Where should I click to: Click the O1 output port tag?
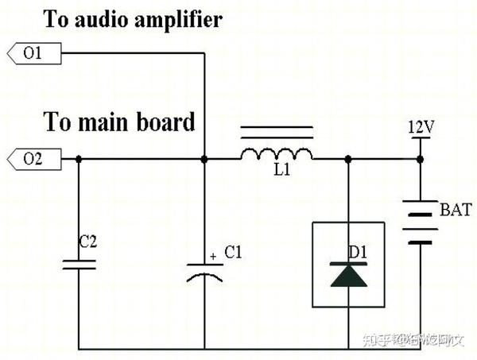33,54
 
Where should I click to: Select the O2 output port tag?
33,159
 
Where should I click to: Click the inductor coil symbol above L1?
276,153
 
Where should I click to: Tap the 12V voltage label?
420,127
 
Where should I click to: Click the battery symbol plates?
419,222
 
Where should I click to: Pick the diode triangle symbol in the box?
348,275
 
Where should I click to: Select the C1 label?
233,254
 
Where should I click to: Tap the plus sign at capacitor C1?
212,257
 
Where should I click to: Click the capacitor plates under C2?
79,263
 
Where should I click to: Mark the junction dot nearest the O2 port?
79,159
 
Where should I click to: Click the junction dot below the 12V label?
419,159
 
